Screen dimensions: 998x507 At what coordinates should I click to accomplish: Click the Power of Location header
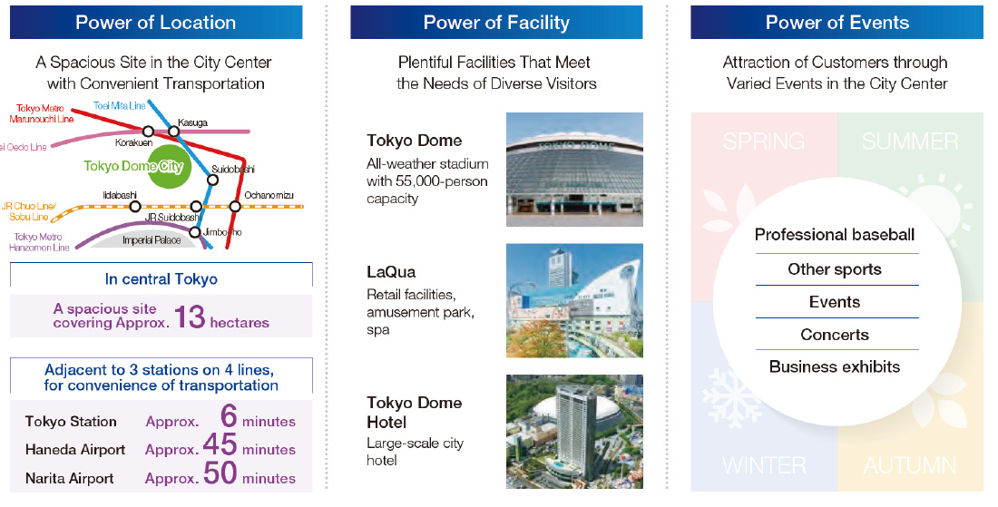tap(156, 23)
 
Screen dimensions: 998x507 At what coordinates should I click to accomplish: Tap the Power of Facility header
tap(496, 23)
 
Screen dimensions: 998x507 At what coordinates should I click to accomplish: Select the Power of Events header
tap(837, 23)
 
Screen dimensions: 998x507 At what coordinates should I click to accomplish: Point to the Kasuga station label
tap(192, 122)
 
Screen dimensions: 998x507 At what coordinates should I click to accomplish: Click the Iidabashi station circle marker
tap(135, 206)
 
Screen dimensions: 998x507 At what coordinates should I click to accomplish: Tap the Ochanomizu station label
tap(269, 195)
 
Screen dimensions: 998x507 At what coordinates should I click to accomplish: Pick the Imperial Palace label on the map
tap(152, 240)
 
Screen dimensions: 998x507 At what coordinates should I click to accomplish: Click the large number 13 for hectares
tap(189, 317)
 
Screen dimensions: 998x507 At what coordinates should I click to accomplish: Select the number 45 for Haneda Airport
tap(220, 444)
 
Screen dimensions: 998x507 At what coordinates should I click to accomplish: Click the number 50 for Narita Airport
tap(220, 473)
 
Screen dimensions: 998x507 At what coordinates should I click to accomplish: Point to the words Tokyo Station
tap(71, 421)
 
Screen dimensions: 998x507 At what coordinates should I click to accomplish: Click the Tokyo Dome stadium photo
tap(574, 170)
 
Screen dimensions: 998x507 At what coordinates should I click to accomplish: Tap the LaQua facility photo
tap(574, 300)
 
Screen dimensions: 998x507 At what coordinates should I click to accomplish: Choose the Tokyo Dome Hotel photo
tap(574, 432)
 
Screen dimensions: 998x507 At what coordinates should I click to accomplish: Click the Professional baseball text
tap(835, 235)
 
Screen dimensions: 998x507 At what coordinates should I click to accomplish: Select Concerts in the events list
tap(835, 335)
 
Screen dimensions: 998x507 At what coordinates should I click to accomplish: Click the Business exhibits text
tap(835, 366)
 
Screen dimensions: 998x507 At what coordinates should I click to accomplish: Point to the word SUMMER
tap(910, 141)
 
